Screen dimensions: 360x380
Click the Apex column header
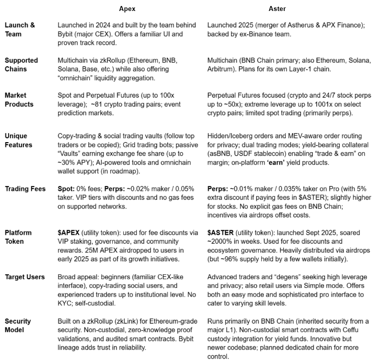[x=127, y=9]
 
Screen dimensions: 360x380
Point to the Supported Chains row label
[x=21, y=65]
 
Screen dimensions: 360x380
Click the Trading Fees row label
[x=25, y=189]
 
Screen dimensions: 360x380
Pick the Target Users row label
[x=24, y=277]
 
